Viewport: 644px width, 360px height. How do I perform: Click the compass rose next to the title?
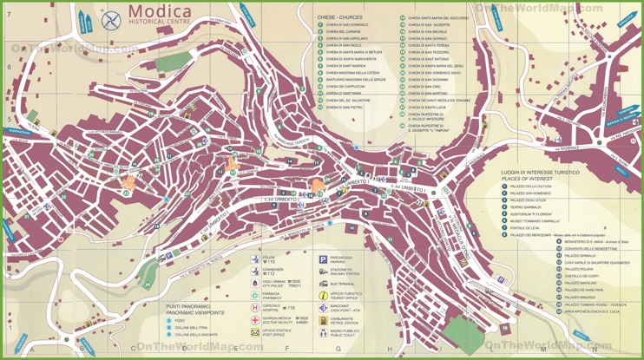coord(111,19)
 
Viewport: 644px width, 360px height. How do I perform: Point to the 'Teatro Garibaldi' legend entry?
coord(529,207)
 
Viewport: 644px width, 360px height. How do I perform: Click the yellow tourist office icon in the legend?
coord(323,296)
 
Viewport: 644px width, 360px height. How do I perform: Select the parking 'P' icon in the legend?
coord(323,259)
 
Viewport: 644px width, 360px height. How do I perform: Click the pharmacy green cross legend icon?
coord(255,296)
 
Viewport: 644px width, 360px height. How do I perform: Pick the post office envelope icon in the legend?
coord(255,332)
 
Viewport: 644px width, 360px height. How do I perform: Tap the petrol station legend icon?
coord(323,320)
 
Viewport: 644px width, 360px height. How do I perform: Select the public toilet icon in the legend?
coord(323,332)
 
